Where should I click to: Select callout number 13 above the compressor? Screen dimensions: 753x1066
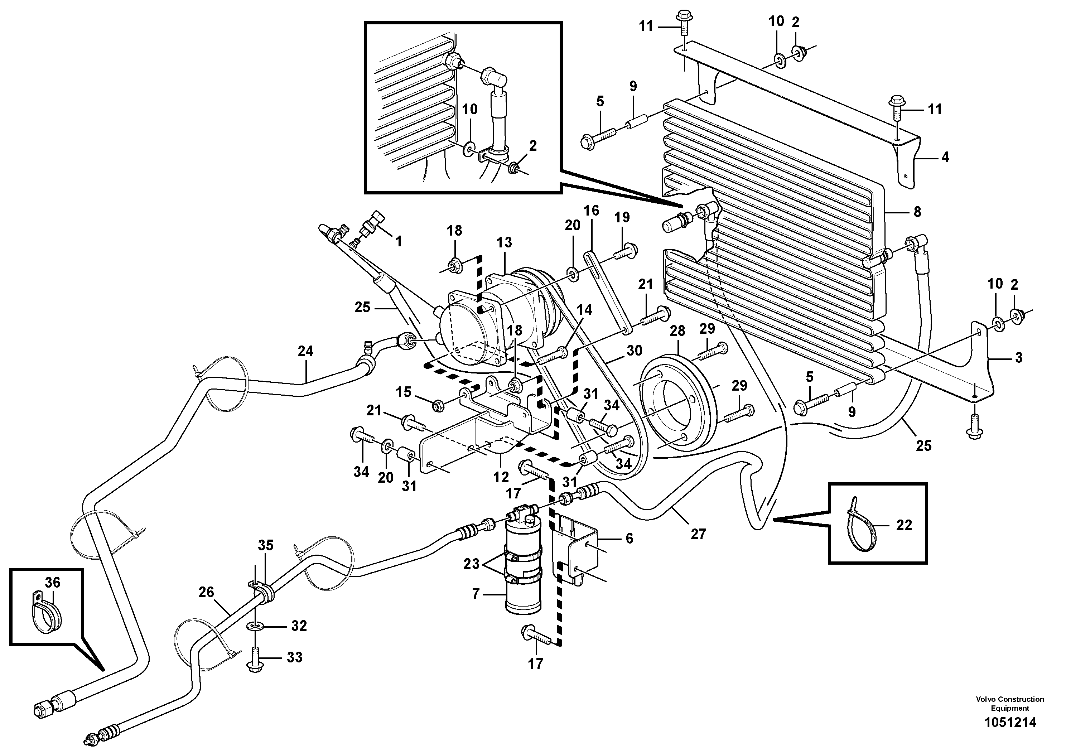tap(504, 242)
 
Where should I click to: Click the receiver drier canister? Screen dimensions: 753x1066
tap(524, 571)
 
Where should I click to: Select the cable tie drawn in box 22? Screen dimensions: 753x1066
tap(861, 525)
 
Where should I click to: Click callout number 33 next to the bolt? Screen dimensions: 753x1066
tap(295, 657)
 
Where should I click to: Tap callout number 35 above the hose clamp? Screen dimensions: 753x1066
tap(266, 545)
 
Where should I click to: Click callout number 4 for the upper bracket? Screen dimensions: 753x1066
tap(945, 158)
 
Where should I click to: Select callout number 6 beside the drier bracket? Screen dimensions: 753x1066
tap(629, 539)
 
